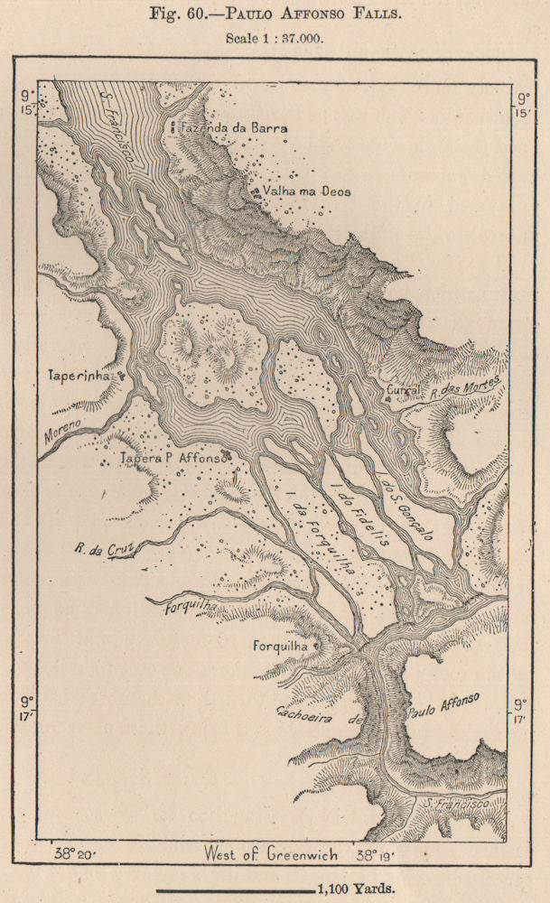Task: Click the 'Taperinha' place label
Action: tap(79, 376)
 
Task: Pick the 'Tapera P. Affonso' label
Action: tap(171, 459)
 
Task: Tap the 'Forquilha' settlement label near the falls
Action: tap(281, 647)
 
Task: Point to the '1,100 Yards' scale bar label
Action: tap(355, 889)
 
